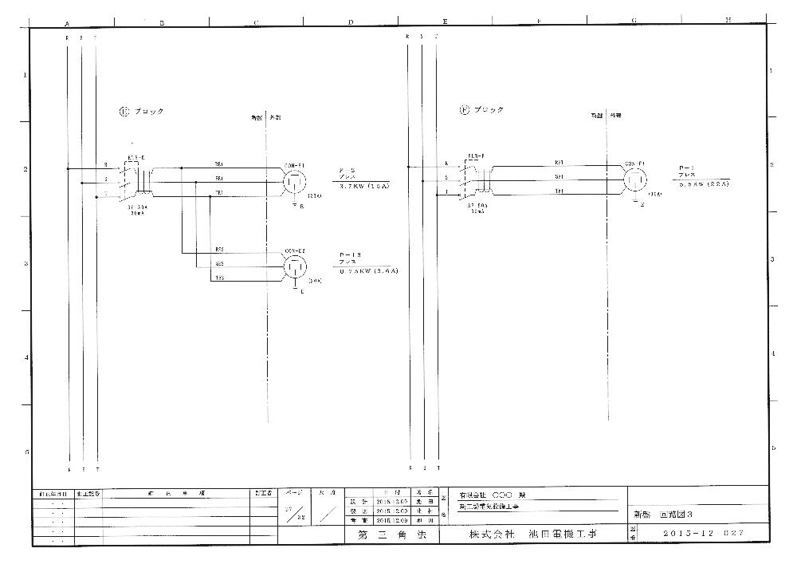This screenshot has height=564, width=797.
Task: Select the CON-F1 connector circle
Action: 635,179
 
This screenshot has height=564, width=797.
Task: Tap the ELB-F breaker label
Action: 477,156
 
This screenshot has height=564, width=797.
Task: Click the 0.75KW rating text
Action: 368,271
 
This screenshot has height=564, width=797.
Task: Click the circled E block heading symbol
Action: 124,112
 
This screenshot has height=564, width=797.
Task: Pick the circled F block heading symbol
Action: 464,110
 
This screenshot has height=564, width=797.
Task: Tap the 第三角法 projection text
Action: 385,533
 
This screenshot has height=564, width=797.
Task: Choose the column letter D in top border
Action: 351,22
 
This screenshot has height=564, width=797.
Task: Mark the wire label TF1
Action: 559,191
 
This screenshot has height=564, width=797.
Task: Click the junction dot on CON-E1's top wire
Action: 182,168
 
